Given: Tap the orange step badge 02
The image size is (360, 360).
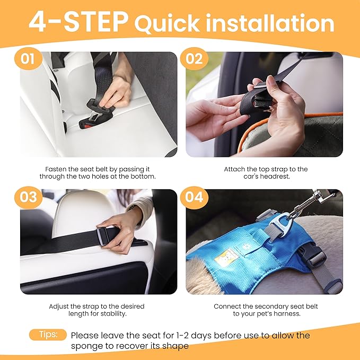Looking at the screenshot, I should point(194,59).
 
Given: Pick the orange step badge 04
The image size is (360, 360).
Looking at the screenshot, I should point(194,197).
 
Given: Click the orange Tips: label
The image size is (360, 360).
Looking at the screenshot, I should point(48,335).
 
